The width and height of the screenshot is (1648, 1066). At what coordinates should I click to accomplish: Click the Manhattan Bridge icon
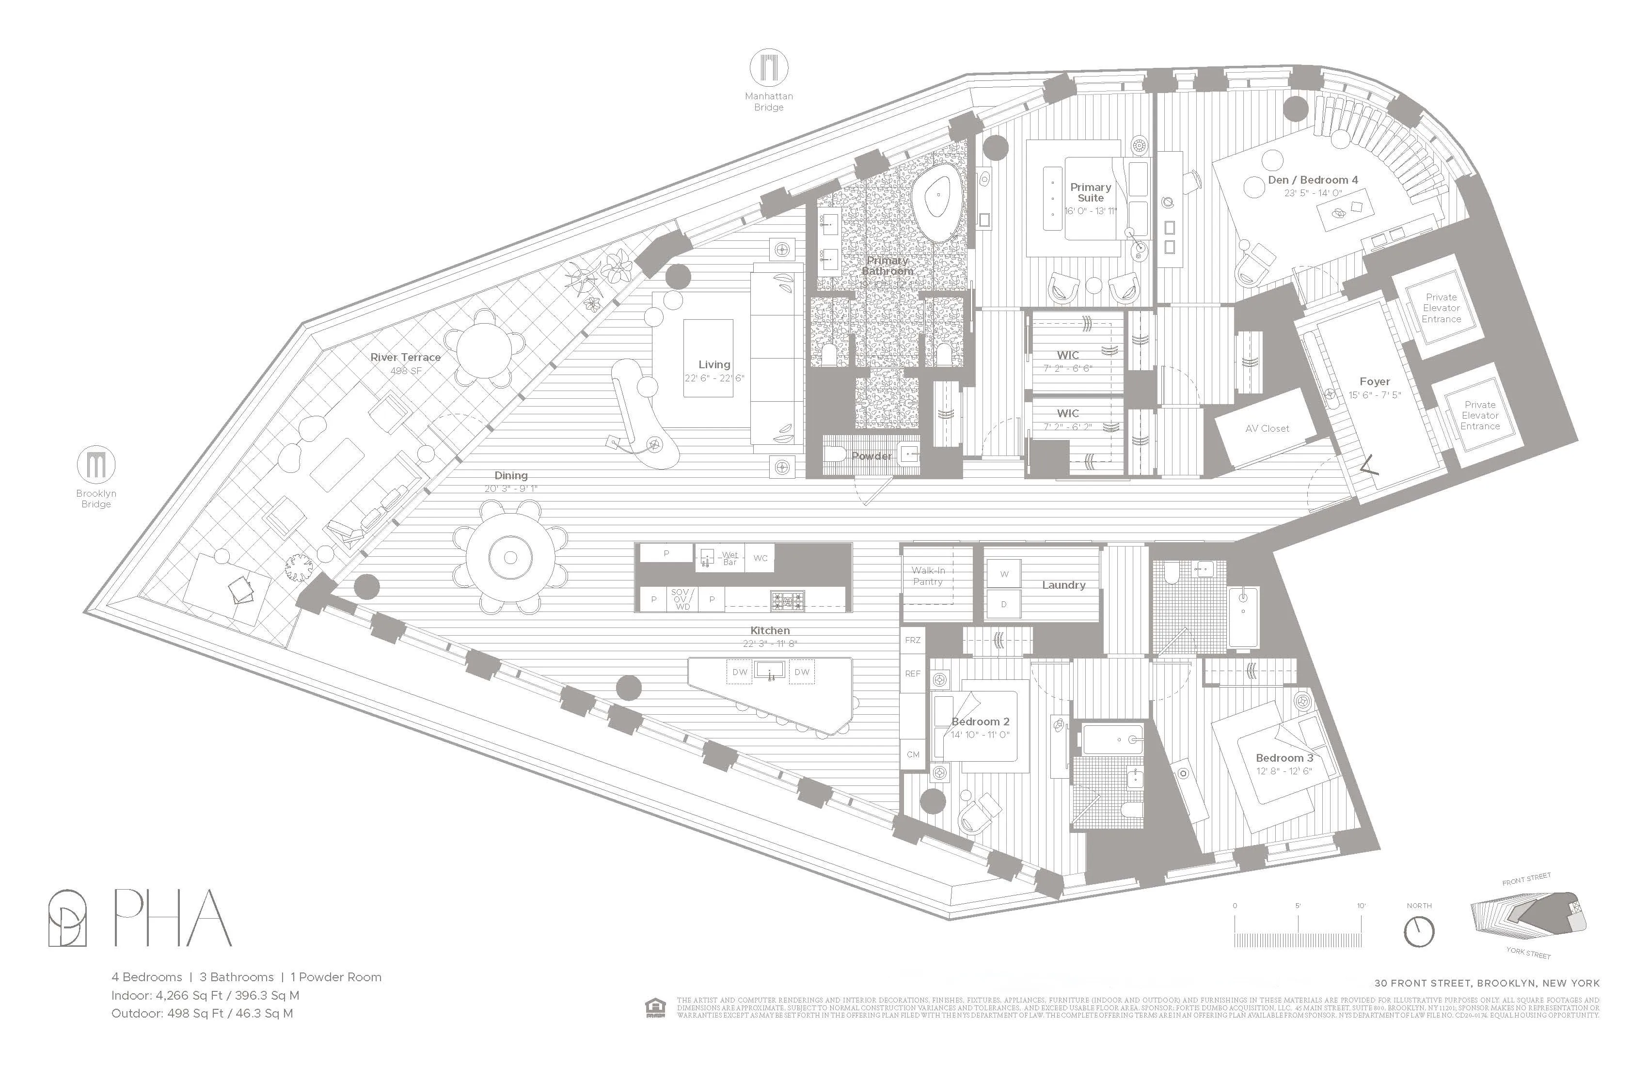pyautogui.click(x=769, y=68)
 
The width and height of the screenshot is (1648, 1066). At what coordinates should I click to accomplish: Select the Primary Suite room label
pyautogui.click(x=1090, y=192)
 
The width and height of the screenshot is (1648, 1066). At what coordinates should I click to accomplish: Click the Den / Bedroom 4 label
pyautogui.click(x=1313, y=180)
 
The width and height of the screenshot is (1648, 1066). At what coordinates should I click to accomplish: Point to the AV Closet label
pyautogui.click(x=1267, y=428)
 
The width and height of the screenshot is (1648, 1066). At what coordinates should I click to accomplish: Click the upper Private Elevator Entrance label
pyautogui.click(x=1441, y=308)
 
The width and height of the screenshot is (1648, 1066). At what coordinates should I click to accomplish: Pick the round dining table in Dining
pyautogui.click(x=510, y=558)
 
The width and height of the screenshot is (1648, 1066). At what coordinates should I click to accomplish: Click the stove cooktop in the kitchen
pyautogui.click(x=788, y=600)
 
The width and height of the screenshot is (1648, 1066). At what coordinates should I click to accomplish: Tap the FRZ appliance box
pyautogui.click(x=913, y=640)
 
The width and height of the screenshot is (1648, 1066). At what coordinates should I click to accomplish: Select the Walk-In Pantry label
pyautogui.click(x=928, y=576)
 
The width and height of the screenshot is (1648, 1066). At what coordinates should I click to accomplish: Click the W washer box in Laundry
pyautogui.click(x=1004, y=574)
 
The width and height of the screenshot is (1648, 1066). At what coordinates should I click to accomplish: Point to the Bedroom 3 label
pyautogui.click(x=1284, y=758)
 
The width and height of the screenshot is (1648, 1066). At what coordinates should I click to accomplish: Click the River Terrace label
pyautogui.click(x=405, y=357)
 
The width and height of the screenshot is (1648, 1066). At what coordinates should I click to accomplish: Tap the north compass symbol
pyautogui.click(x=1418, y=932)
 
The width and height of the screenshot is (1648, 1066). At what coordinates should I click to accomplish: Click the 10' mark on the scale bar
pyautogui.click(x=1362, y=906)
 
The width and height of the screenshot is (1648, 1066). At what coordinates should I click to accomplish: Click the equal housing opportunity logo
pyautogui.click(x=654, y=1008)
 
